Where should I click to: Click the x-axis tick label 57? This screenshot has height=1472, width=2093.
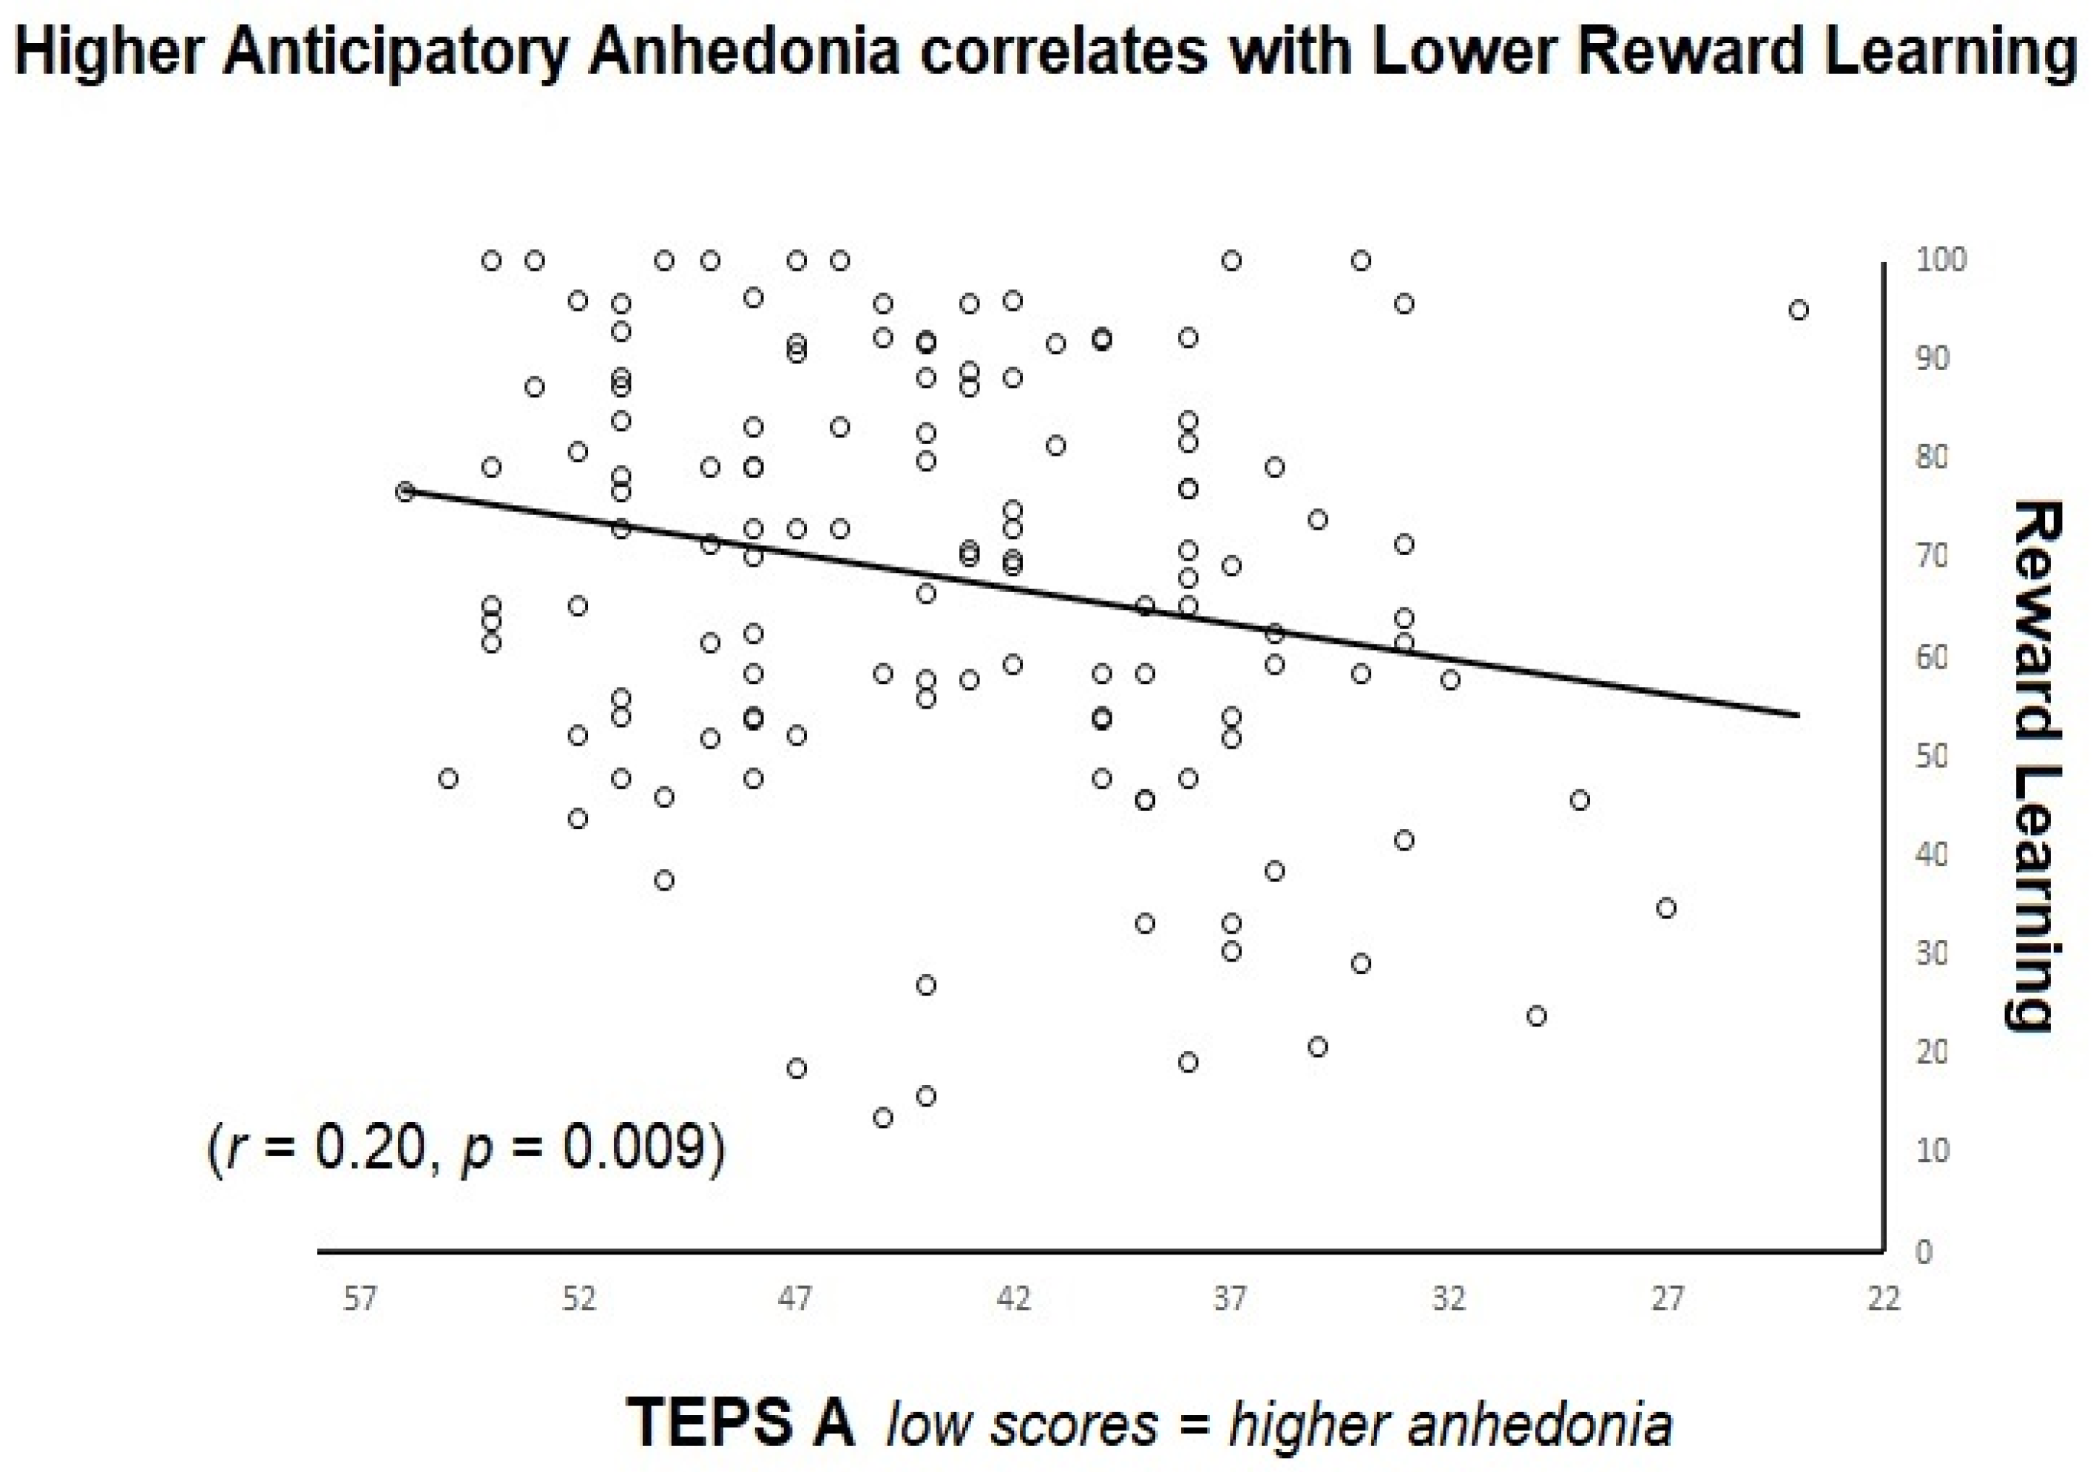pos(360,1298)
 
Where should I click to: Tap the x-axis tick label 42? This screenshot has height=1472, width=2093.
pos(1012,1298)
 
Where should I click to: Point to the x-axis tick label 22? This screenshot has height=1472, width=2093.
pos(1884,1298)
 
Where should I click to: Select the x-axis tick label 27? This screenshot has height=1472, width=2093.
pos(1666,1298)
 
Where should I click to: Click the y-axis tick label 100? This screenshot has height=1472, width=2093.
pos(1941,260)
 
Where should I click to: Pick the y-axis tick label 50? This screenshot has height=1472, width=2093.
pos(1932,757)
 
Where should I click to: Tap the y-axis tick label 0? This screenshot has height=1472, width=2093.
pos(1924,1252)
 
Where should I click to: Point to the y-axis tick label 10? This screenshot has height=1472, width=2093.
pos(1932,1152)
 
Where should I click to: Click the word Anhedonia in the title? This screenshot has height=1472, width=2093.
pos(744,52)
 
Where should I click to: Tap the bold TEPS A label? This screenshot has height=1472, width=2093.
pos(740,1421)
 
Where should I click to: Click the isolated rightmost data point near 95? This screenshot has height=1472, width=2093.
pos(1798,310)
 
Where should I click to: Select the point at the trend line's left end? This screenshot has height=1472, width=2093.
pos(405,491)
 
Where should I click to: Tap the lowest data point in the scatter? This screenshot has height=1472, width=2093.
pos(882,1118)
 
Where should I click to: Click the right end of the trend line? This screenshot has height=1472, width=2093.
pos(1798,715)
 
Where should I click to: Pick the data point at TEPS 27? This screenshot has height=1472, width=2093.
pos(1666,908)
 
